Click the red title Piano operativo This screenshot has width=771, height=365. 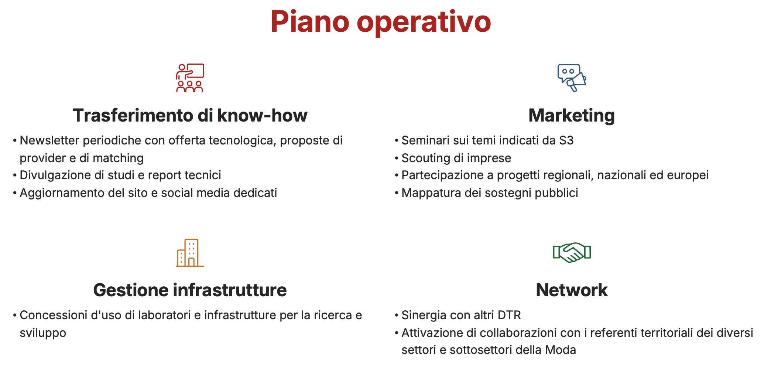(381, 22)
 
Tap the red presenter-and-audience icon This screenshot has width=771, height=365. (190, 78)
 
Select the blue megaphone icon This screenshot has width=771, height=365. (572, 78)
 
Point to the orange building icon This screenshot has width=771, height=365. (190, 253)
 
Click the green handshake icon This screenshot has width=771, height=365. (572, 253)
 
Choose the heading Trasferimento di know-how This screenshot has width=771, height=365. (190, 115)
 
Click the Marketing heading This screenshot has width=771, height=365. (572, 115)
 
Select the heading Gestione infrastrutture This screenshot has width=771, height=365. (190, 290)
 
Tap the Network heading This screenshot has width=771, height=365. (572, 290)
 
